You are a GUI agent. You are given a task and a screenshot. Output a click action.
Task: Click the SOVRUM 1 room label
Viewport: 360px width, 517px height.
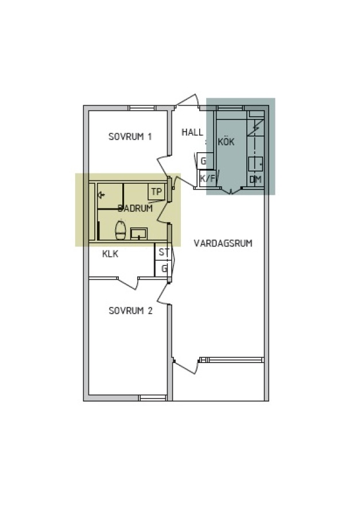coord(130,136)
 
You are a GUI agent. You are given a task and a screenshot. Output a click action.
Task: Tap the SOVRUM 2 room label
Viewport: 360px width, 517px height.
coord(130,311)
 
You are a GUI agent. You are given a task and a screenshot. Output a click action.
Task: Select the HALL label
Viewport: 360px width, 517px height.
coord(192,132)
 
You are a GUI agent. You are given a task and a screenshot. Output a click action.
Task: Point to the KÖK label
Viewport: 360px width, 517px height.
coord(226,141)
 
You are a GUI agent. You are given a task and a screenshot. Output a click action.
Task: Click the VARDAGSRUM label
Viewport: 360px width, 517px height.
coord(223,244)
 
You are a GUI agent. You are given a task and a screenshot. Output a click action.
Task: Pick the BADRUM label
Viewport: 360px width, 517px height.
coord(135,208)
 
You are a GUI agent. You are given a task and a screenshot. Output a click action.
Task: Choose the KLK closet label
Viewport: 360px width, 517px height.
coord(110,254)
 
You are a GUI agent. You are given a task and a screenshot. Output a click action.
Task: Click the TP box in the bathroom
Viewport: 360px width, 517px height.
coord(156,192)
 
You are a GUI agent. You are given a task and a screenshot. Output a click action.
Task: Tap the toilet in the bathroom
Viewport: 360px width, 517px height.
coord(121,230)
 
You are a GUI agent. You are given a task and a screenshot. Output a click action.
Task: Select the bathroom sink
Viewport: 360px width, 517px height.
coord(139,233)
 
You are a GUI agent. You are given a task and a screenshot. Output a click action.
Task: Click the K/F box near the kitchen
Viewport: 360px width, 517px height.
coord(207,179)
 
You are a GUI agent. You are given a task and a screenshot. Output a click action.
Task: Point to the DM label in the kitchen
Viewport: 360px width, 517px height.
coord(256,180)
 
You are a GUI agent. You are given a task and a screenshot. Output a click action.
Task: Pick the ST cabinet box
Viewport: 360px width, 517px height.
coord(163,252)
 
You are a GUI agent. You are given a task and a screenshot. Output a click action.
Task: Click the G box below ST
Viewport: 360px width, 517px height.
coord(163,269)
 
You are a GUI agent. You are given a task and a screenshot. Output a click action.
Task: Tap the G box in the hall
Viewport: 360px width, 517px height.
coord(204,161)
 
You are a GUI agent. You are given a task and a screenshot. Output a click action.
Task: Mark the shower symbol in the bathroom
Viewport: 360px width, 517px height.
coord(102,195)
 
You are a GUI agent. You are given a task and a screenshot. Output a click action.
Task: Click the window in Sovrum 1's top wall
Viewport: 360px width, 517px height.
coord(142,108)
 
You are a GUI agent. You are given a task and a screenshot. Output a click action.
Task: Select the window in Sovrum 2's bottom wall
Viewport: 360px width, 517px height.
coord(153,398)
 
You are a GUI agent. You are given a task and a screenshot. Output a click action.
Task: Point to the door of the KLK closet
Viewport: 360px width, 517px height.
coord(128,283)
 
